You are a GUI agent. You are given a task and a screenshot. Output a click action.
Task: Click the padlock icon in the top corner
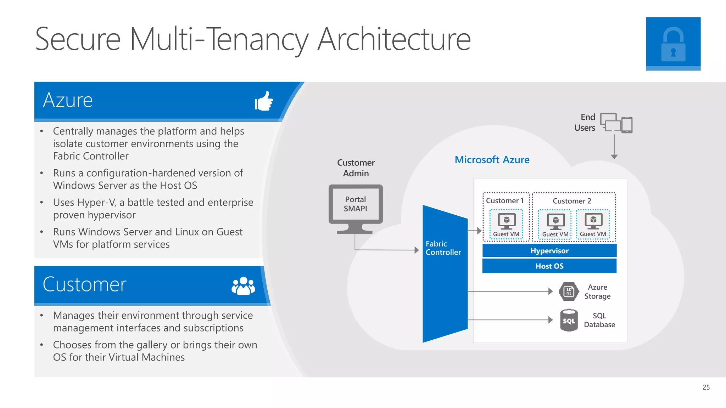click(x=673, y=44)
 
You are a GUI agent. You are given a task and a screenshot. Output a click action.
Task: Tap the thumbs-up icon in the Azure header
click(x=264, y=101)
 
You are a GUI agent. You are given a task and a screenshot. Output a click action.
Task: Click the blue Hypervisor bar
click(x=549, y=251)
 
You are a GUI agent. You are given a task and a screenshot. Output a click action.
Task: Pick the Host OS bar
click(x=549, y=266)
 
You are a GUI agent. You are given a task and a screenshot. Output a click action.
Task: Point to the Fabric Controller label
click(x=443, y=248)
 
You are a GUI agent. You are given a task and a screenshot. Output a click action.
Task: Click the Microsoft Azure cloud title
click(x=492, y=160)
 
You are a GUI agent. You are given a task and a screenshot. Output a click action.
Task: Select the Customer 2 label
click(x=571, y=201)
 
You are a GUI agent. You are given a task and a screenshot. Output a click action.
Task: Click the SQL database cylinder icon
click(x=569, y=320)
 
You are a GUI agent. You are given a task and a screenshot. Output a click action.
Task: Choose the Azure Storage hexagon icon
click(x=569, y=291)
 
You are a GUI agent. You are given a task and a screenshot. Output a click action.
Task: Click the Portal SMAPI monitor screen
click(x=356, y=204)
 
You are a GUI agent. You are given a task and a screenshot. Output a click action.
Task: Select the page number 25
click(x=706, y=387)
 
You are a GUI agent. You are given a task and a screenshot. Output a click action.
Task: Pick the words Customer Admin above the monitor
click(x=356, y=168)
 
